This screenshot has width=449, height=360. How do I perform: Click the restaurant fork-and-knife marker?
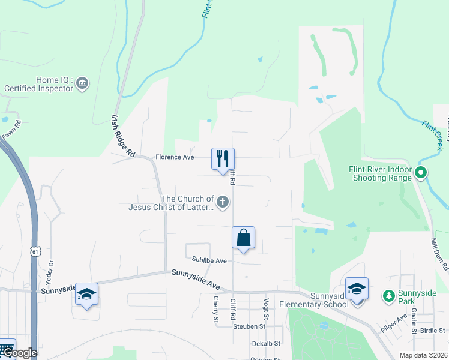point(223,159)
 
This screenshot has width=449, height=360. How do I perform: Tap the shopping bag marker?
point(243,238)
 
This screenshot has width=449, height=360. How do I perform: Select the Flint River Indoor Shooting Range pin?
point(421,173)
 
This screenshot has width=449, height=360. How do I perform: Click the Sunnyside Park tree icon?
point(388,295)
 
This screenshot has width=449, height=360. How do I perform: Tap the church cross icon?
point(223,202)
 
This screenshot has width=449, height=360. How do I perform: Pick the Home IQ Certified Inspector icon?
point(83,83)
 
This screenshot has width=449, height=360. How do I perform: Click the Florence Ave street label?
point(175,157)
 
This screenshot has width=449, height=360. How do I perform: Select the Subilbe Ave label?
point(209,261)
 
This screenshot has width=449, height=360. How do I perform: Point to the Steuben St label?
point(249,326)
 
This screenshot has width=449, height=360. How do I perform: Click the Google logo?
point(19,353)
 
